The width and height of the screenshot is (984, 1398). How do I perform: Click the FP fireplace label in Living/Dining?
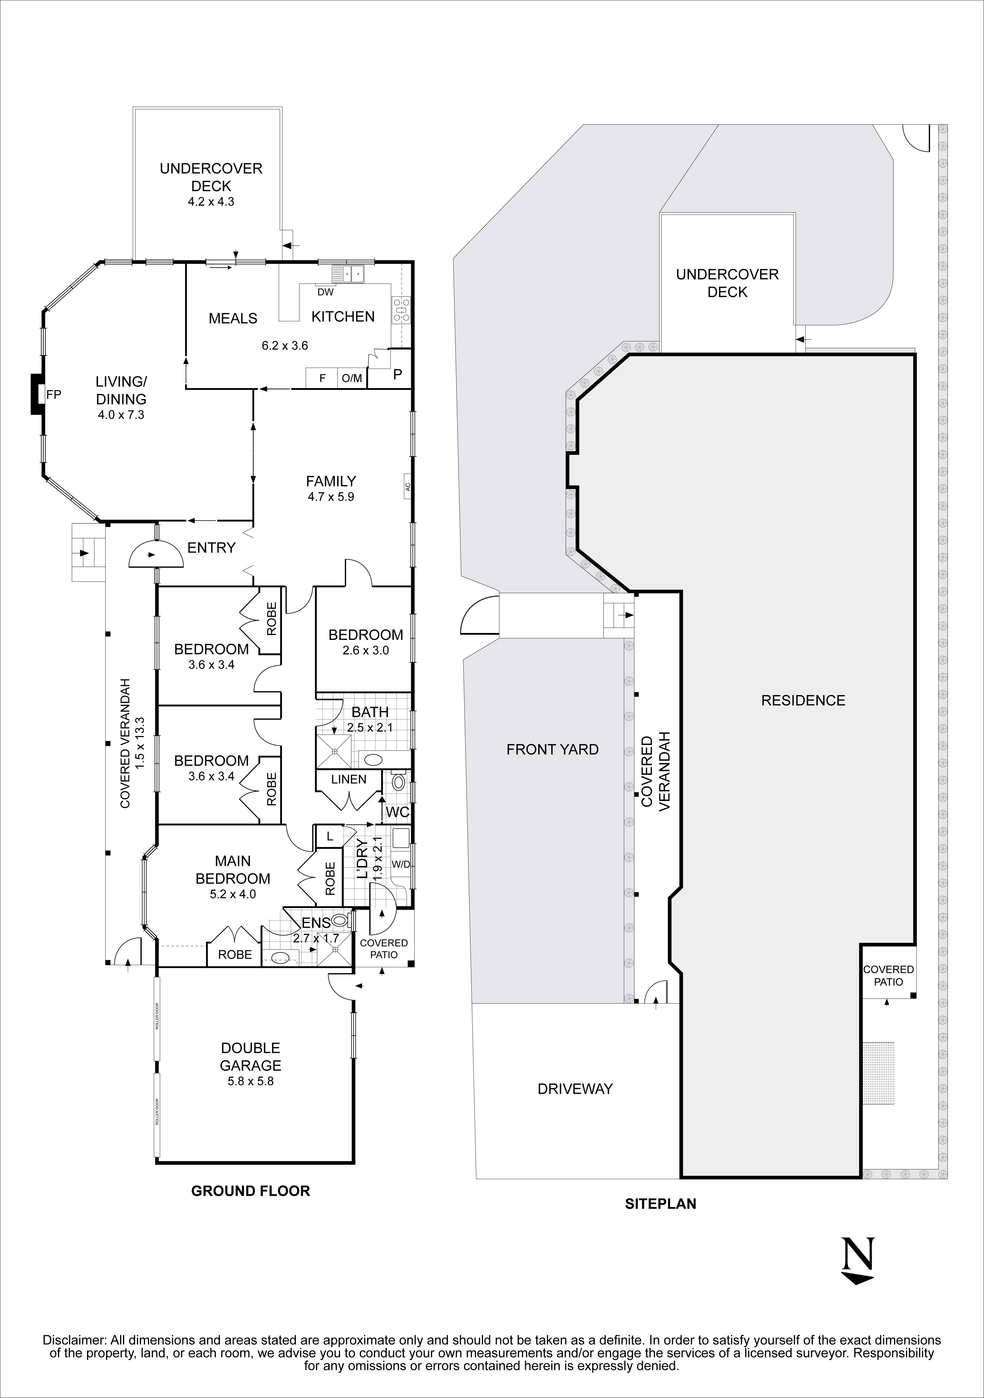[x=54, y=395]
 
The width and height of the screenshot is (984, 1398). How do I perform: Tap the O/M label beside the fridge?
[x=352, y=378]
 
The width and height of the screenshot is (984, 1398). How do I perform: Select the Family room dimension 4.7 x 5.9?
[x=331, y=497]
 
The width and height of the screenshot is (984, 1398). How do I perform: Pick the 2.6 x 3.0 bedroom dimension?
[x=365, y=650]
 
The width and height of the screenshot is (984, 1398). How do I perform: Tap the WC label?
[x=397, y=812]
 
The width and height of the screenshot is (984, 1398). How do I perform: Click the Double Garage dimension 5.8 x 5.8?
[x=250, y=1081]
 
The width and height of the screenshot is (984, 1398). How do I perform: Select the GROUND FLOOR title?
[x=250, y=1191]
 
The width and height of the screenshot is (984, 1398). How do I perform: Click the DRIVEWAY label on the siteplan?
[x=575, y=1089]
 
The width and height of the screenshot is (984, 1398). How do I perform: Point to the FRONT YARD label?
[x=552, y=750]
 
